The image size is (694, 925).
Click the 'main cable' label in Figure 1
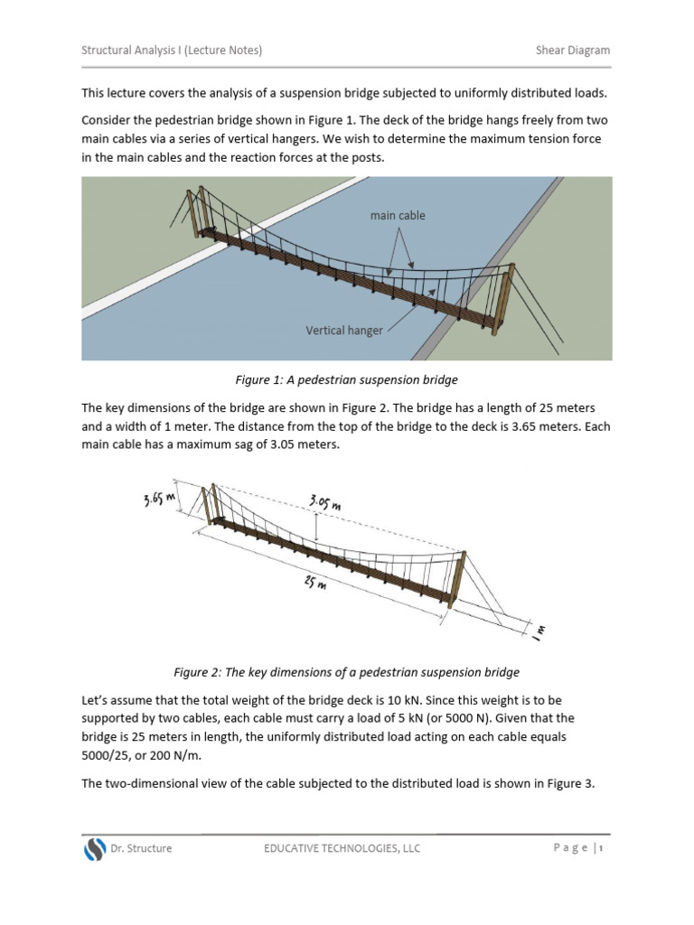pyautogui.click(x=398, y=216)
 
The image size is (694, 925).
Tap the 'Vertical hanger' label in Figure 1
pyautogui.click(x=344, y=331)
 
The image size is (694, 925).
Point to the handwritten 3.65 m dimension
pyautogui.click(x=159, y=498)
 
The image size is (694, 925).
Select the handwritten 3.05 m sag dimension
pyautogui.click(x=325, y=502)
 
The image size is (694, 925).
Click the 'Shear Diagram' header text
pyautogui.click(x=573, y=51)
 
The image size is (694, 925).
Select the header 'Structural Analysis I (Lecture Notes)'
pyautogui.click(x=172, y=51)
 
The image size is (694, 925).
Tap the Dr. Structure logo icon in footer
pyautogui.click(x=95, y=849)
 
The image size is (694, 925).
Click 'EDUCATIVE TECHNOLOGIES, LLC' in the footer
pyautogui.click(x=342, y=848)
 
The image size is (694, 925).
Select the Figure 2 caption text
pyautogui.click(x=346, y=672)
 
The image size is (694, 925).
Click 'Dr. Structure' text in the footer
pyautogui.click(x=141, y=848)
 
